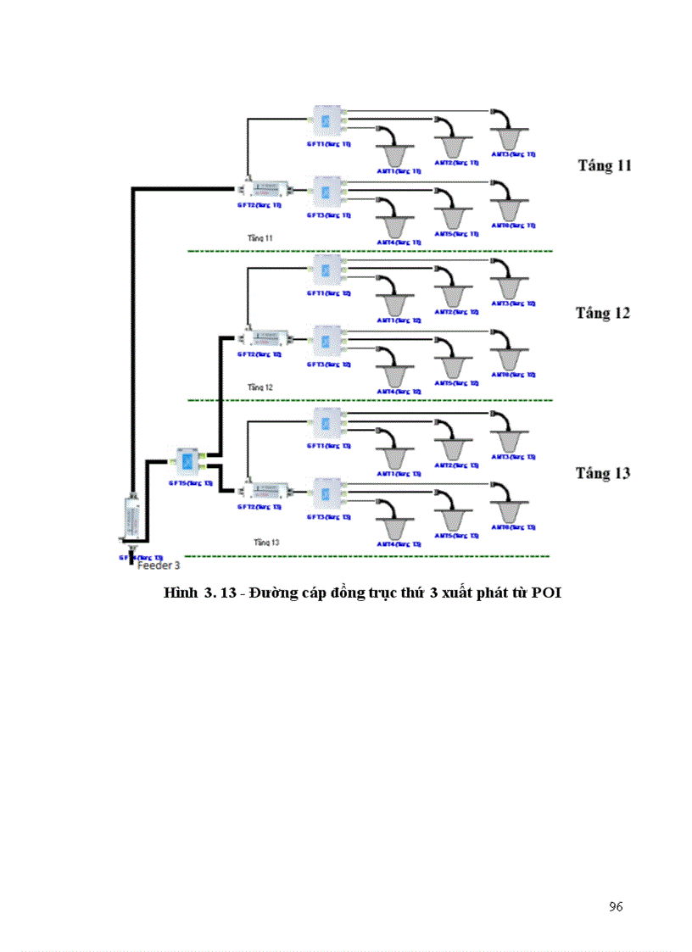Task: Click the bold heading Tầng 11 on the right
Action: tap(605, 164)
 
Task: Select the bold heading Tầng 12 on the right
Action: tap(603, 313)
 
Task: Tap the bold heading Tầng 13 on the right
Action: tap(603, 473)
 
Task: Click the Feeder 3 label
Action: tap(158, 564)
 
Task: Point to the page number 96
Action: tap(616, 907)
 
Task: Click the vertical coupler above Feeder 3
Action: tap(131, 518)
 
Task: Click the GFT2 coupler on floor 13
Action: tap(265, 489)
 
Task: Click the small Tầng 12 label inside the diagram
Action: tap(259, 387)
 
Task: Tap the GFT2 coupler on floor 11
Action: tap(265, 187)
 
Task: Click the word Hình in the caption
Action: tap(180, 593)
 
